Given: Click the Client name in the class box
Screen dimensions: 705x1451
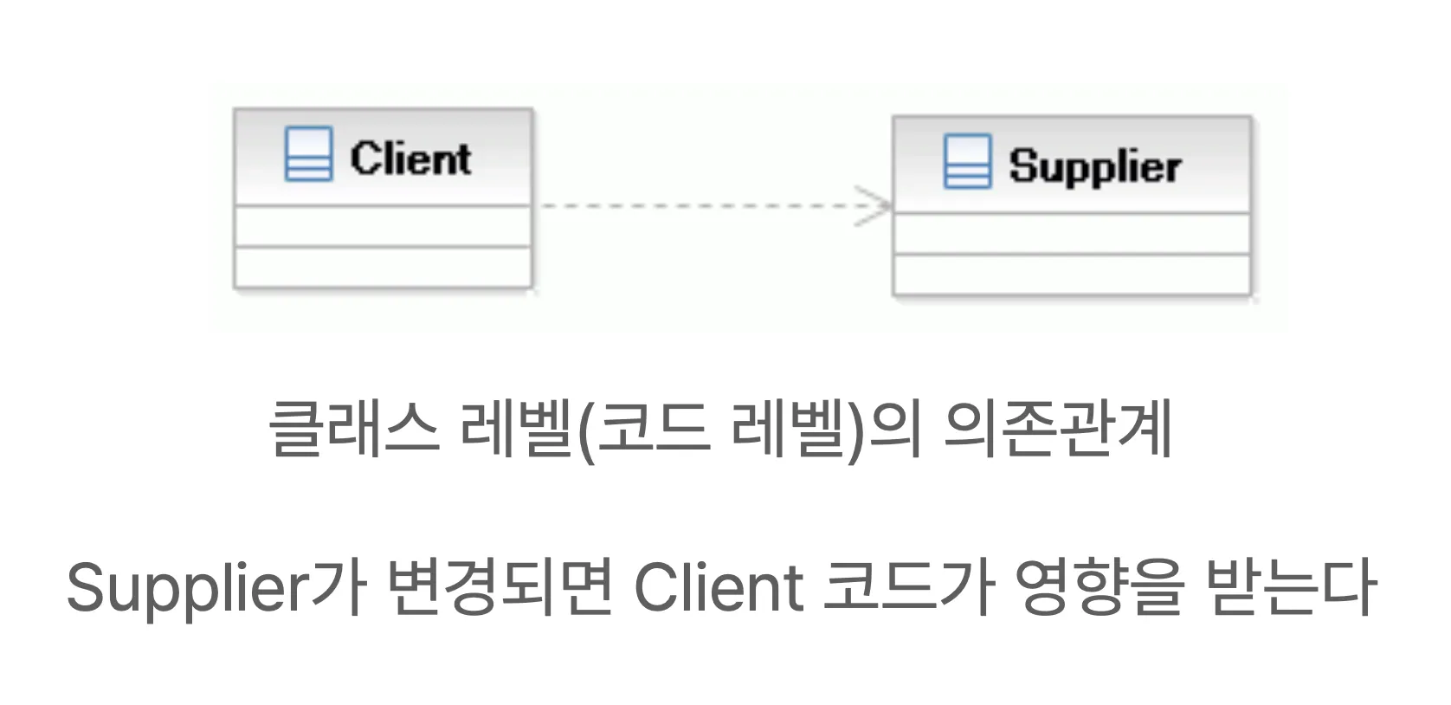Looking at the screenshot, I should [x=410, y=158].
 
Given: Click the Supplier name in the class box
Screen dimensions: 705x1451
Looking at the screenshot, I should [x=1094, y=165].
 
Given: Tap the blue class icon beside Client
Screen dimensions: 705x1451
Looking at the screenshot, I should [x=308, y=154].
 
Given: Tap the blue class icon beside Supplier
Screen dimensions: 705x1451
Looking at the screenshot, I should [x=967, y=161].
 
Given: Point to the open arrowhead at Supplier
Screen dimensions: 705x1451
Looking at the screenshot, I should [x=876, y=206].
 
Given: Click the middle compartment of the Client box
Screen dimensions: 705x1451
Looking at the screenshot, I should [x=383, y=226].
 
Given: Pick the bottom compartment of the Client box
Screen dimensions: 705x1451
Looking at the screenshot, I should [x=383, y=267].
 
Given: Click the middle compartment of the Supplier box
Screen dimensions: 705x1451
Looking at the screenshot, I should [x=1072, y=233].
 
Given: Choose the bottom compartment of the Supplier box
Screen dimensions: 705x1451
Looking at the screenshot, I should [x=1072, y=275].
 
